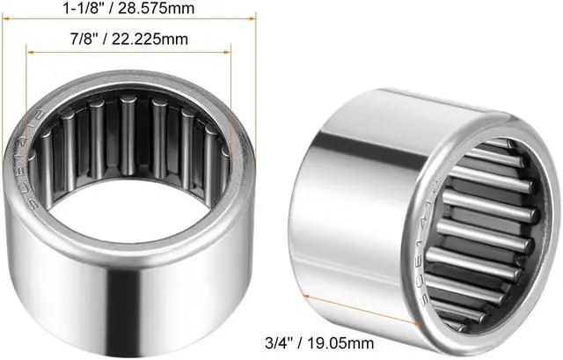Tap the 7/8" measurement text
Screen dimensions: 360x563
[86, 40]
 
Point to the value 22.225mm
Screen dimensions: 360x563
[157, 40]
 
